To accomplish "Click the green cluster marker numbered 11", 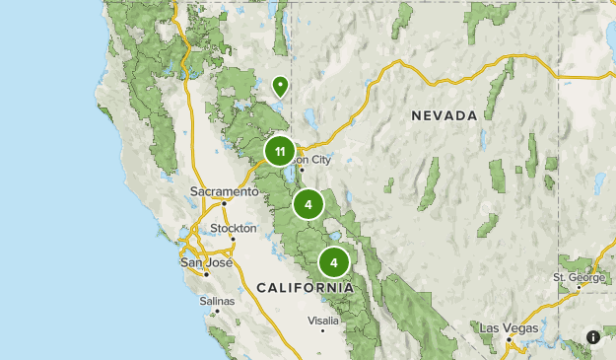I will [280, 151].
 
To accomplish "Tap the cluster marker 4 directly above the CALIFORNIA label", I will [334, 263].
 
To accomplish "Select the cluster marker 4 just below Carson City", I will [308, 205].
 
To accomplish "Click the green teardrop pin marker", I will [280, 87].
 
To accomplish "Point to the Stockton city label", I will [234, 228].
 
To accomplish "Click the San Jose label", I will [205, 262].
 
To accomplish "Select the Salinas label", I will [217, 301].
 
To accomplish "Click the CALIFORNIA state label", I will [305, 287].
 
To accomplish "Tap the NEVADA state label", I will [445, 115].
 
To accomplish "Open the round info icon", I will [593, 337].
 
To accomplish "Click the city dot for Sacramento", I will [224, 204].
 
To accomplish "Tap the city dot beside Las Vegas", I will [509, 339].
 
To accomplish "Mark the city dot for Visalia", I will [322, 331].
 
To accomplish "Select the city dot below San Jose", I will [206, 273].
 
